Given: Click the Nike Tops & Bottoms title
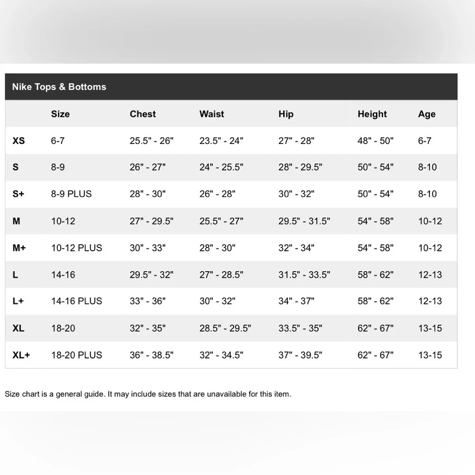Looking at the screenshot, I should [x=59, y=87].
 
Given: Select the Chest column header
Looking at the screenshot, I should [x=142, y=114].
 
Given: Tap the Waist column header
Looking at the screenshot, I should [x=211, y=114].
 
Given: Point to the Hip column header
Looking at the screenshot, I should [x=286, y=114].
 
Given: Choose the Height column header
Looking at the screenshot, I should [x=372, y=114].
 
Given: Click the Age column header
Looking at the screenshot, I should [x=427, y=114].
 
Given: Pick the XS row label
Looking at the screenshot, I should [x=19, y=141].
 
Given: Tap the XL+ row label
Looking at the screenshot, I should [x=21, y=355].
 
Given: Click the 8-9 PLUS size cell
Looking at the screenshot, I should [x=71, y=194].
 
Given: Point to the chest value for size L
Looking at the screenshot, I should [x=152, y=275].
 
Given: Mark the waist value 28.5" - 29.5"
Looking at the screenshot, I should [x=225, y=328].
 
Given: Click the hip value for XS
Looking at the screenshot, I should [x=296, y=141].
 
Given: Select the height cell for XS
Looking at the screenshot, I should [x=375, y=141].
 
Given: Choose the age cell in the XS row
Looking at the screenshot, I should [x=424, y=141].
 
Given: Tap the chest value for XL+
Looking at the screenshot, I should [x=152, y=355].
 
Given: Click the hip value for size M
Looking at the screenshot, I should [x=304, y=221].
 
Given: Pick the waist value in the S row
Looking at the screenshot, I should [x=221, y=167].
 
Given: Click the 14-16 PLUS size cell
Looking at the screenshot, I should [x=76, y=301].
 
